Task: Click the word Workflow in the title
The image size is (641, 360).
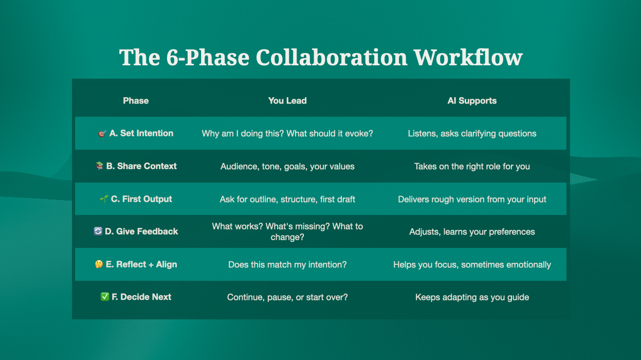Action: pos(468,58)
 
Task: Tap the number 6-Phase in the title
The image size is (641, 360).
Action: pos(208,58)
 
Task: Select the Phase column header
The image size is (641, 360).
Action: pos(136,101)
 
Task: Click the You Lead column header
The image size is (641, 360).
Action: pos(287,101)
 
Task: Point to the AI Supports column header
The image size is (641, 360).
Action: pos(472,101)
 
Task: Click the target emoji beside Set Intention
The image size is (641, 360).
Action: pos(102,134)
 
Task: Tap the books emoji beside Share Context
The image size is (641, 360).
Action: pos(99,166)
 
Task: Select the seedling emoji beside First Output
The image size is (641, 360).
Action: pos(104,199)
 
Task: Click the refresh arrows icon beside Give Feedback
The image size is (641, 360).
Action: pos(98,231)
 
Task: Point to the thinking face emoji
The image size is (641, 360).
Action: pos(99,264)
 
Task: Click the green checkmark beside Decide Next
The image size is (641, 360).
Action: pos(105,297)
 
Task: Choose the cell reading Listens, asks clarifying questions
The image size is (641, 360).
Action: pos(472,134)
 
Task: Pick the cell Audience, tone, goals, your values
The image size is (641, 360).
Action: pos(287,167)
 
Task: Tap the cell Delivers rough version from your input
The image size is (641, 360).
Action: pos(472,200)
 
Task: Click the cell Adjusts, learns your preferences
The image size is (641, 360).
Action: pos(472,232)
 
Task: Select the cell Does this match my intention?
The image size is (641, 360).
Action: pos(287,265)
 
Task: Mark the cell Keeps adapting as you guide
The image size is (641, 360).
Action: pos(472,297)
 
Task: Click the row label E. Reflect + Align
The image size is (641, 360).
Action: pos(141,264)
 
